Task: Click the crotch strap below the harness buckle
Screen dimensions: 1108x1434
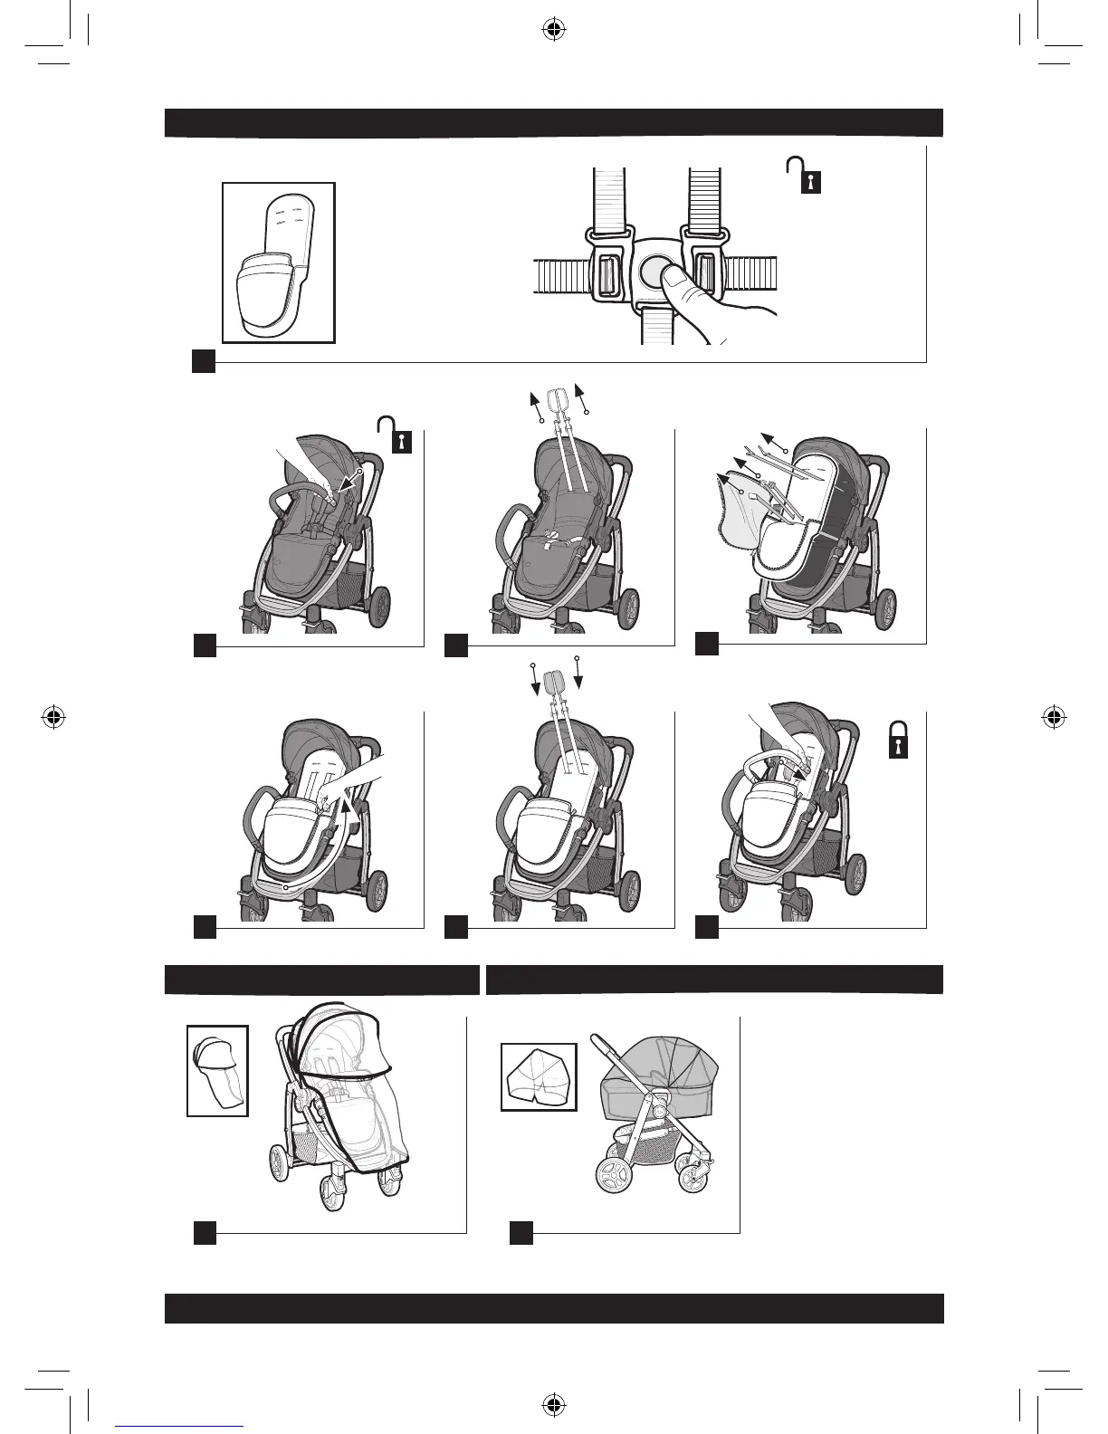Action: [x=654, y=325]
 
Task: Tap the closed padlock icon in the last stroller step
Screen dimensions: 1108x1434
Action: [x=897, y=741]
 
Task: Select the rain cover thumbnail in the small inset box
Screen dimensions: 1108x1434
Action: [x=217, y=1070]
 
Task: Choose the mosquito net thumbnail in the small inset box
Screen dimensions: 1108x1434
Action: [x=539, y=1076]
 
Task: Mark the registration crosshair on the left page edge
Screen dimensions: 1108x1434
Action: [x=53, y=717]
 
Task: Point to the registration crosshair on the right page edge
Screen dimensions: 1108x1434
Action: [x=1052, y=717]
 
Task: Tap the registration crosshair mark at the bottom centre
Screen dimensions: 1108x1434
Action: [x=554, y=1404]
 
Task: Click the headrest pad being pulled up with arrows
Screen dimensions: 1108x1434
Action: [x=558, y=397]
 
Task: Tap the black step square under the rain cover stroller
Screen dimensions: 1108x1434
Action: [x=205, y=1232]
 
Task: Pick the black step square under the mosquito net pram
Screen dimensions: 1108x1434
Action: [x=521, y=1232]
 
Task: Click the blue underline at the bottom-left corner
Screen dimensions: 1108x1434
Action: [x=179, y=1426]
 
